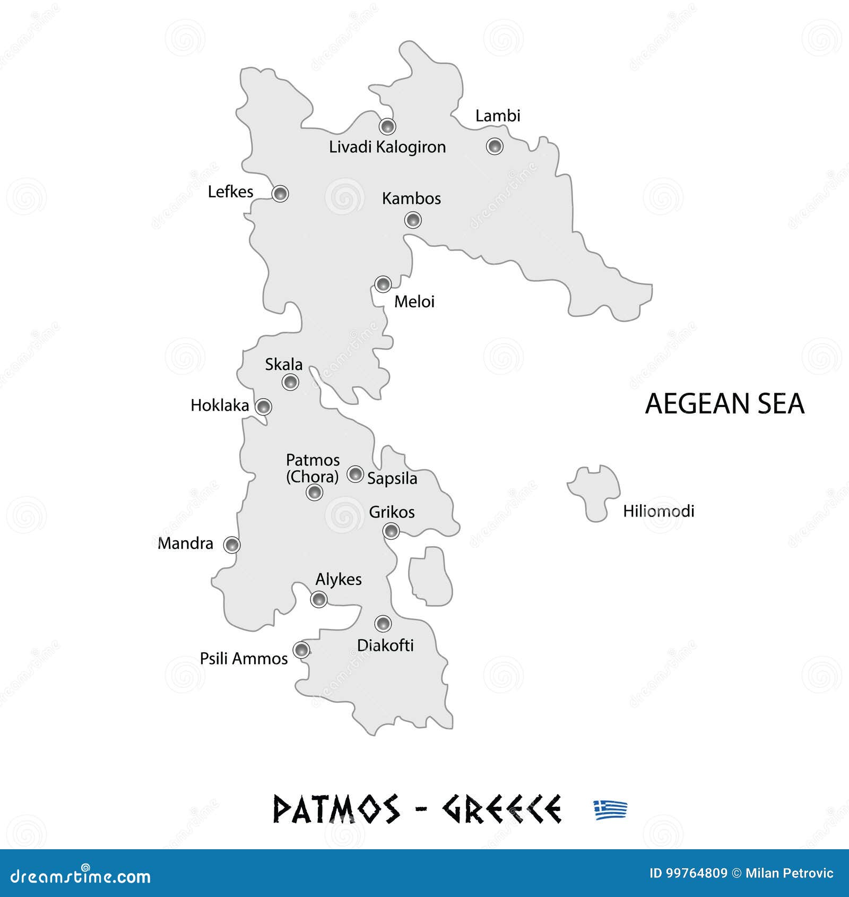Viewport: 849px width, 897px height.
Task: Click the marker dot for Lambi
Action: click(495, 146)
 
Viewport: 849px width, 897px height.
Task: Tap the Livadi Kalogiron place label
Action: click(387, 147)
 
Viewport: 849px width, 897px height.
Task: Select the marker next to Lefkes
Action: click(280, 194)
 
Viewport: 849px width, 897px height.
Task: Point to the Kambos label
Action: click(411, 199)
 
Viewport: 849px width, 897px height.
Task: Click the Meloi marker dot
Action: click(383, 284)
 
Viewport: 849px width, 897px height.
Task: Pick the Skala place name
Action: click(284, 365)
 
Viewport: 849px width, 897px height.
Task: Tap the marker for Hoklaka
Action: click(263, 407)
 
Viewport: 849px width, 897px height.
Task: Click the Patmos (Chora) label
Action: click(313, 468)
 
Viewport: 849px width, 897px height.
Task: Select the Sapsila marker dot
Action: click(355, 474)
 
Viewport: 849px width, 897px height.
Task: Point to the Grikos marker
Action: click(391, 530)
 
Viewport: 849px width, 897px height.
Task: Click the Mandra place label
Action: click(185, 544)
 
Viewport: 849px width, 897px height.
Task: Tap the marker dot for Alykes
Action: click(318, 599)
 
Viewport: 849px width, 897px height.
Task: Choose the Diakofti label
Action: click(385, 645)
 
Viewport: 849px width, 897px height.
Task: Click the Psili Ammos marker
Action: click(301, 650)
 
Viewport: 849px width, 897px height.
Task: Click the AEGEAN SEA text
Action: click(724, 404)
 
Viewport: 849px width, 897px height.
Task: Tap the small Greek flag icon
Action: click(610, 810)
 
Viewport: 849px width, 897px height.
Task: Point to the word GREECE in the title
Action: click(501, 810)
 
